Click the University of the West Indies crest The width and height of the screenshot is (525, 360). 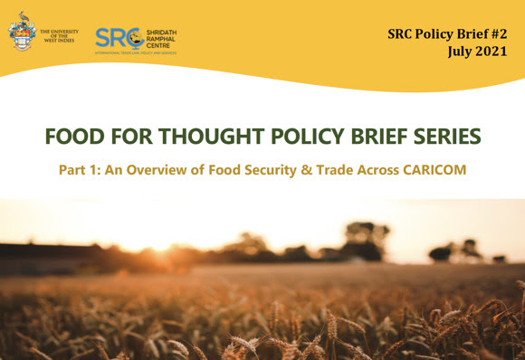pyautogui.click(x=22, y=36)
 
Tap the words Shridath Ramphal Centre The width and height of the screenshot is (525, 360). pyautogui.click(x=162, y=38)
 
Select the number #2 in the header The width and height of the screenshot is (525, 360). pyautogui.click(x=504, y=33)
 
